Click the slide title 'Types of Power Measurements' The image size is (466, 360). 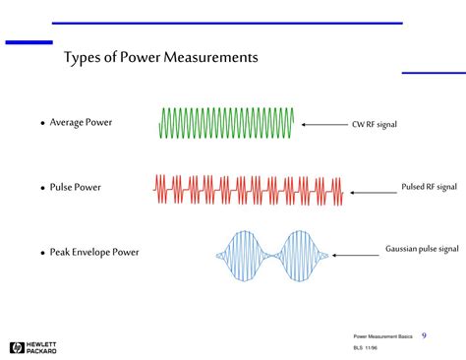tap(161, 58)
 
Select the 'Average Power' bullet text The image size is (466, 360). tap(81, 123)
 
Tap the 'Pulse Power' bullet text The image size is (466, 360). tap(76, 187)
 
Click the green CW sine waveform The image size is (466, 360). tap(225, 124)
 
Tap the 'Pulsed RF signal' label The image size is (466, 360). tap(429, 186)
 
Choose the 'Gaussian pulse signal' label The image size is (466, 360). tap(423, 250)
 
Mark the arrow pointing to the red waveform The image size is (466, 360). tap(372, 187)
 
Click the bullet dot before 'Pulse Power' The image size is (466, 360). tap(43, 188)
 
